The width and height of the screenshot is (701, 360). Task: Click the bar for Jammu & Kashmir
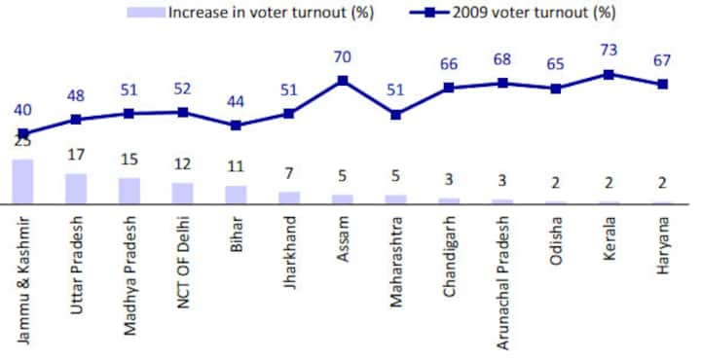[x=22, y=182]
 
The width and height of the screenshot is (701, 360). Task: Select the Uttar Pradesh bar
[x=76, y=189]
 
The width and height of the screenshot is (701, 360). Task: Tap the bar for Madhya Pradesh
[x=129, y=191]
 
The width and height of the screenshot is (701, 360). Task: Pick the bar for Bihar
[x=236, y=195]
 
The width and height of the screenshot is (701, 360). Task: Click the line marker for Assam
[x=343, y=80]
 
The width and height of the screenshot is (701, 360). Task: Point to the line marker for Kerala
[x=609, y=74]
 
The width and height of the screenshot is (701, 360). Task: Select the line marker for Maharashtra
[x=395, y=114]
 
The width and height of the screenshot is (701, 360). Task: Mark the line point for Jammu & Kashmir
[x=22, y=133]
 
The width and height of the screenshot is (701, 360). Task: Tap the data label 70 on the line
[x=343, y=59]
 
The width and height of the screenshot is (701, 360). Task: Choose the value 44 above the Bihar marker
[x=236, y=104]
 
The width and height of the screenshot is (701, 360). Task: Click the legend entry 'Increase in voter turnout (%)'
[x=262, y=13]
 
